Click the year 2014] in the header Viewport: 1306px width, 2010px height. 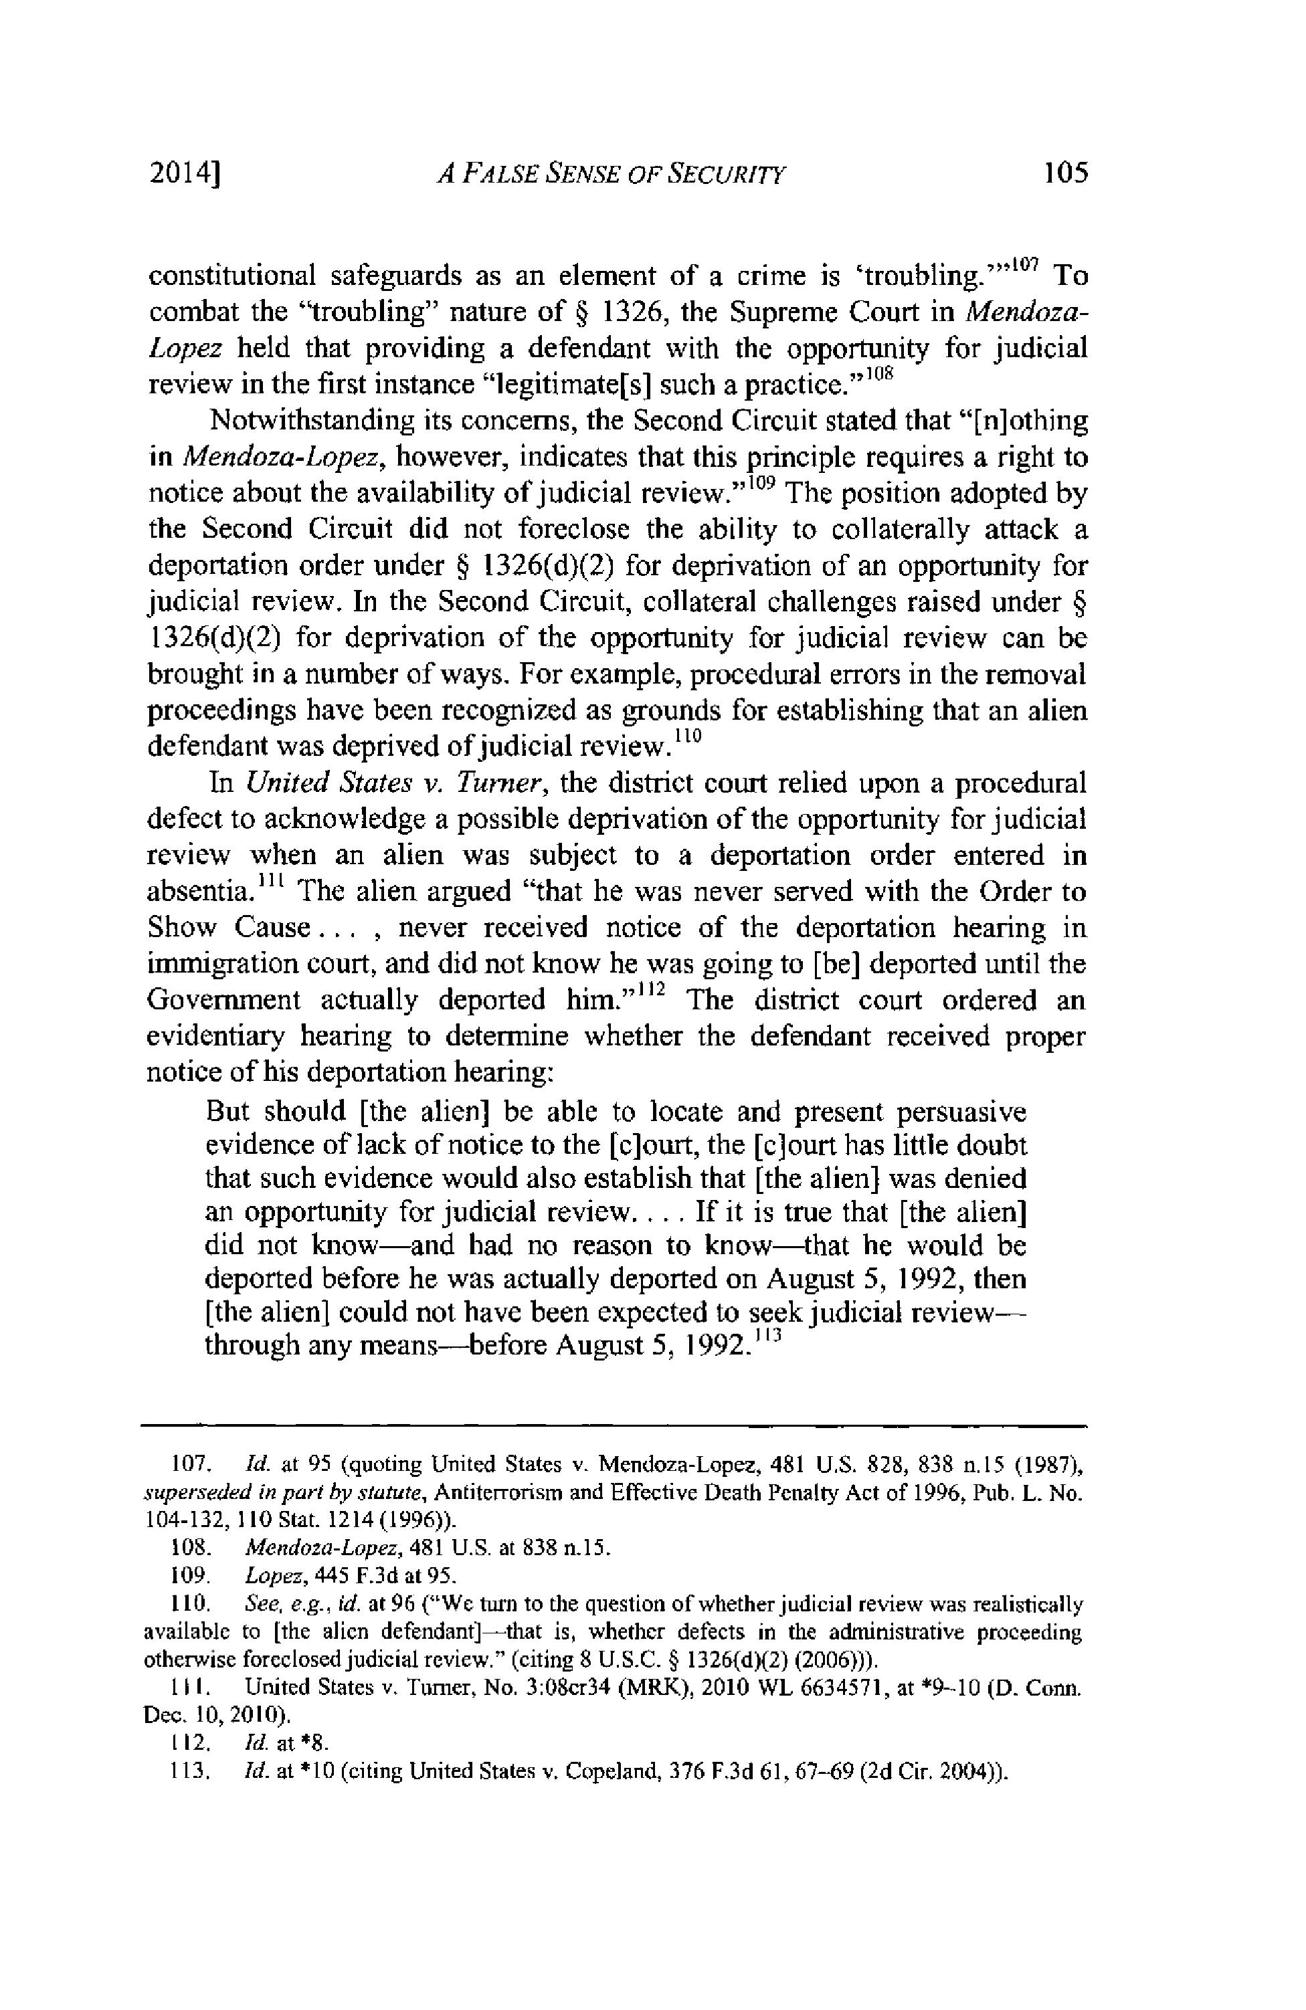pos(183,174)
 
